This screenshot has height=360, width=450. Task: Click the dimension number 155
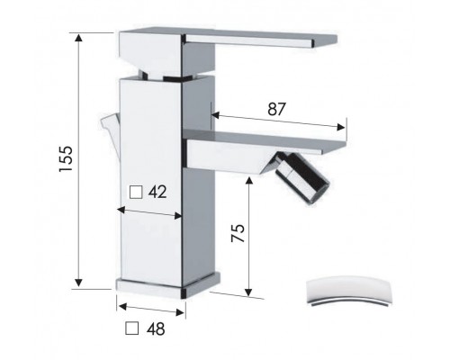(x=66, y=158)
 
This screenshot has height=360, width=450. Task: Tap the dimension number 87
(x=276, y=109)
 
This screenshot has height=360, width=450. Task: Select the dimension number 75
(x=238, y=233)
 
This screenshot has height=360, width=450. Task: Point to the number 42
(x=157, y=192)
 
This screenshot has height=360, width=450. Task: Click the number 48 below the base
(x=156, y=328)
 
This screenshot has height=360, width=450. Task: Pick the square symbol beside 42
(x=136, y=192)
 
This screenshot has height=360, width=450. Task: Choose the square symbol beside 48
(x=132, y=328)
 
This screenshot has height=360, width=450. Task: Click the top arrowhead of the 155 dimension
(x=78, y=37)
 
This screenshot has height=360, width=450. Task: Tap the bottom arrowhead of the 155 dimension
(x=78, y=283)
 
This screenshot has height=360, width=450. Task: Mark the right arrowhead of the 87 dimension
(x=341, y=127)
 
